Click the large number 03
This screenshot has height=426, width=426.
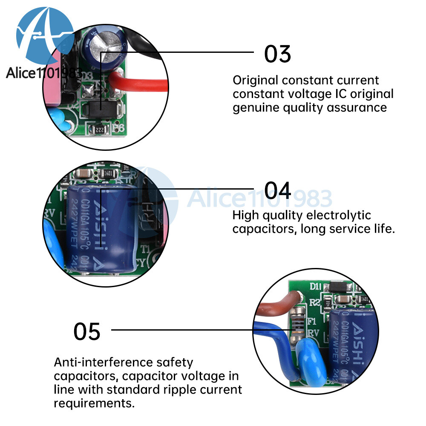pyautogui.click(x=277, y=54)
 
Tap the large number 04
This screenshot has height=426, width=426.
pyautogui.click(x=278, y=190)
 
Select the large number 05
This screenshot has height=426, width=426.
pyautogui.click(x=87, y=331)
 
